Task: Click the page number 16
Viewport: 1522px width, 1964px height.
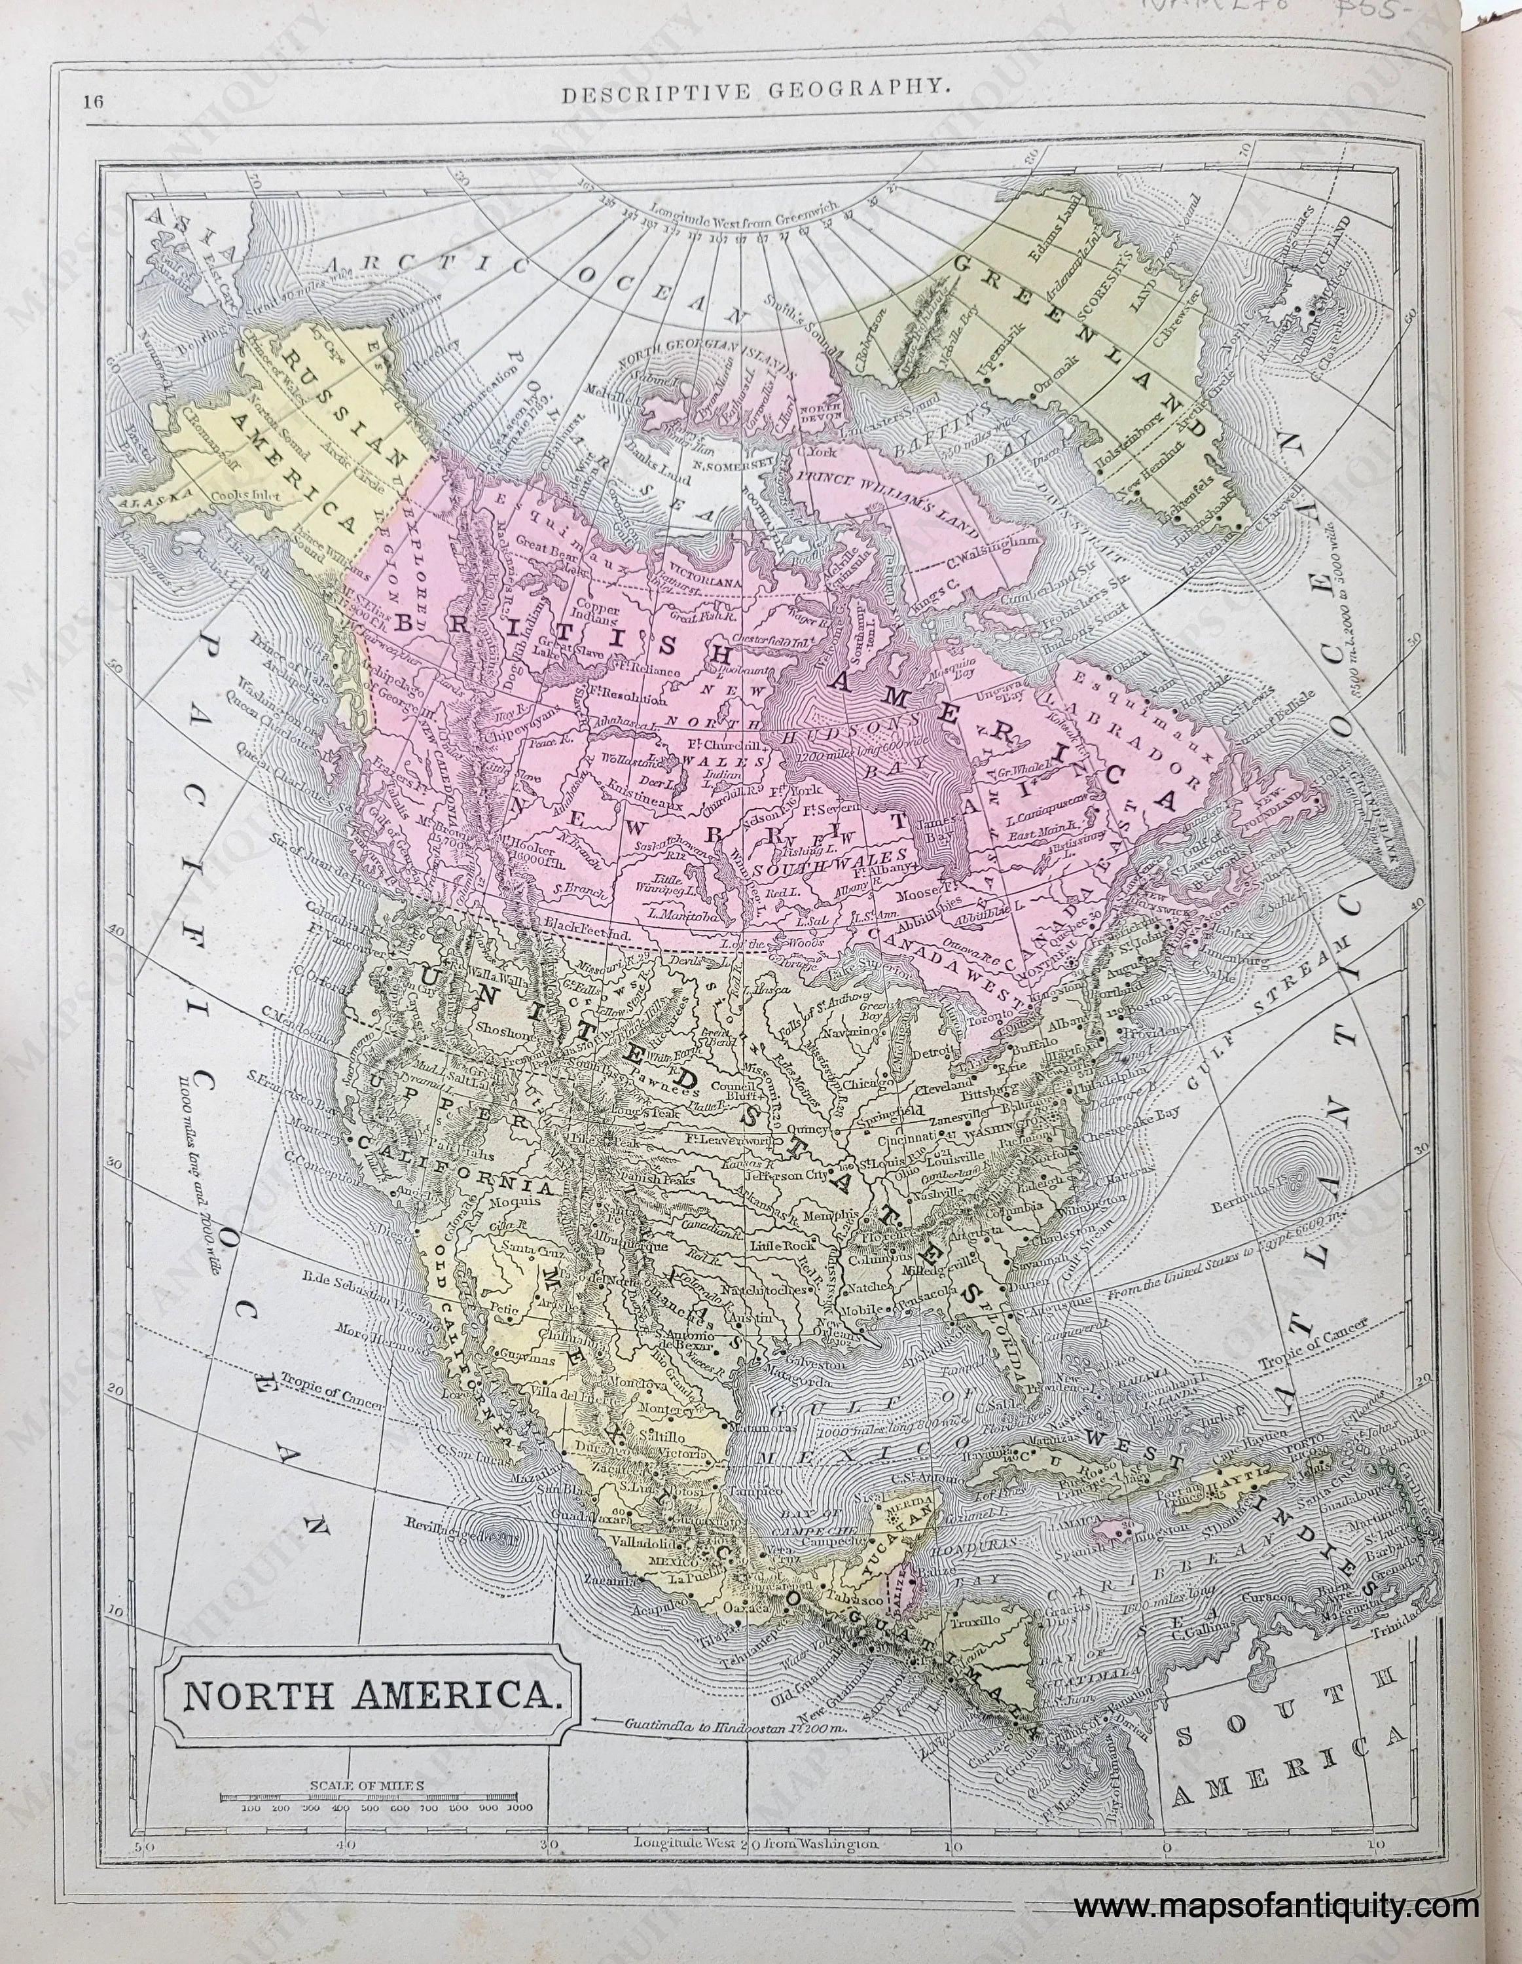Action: coord(92,101)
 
